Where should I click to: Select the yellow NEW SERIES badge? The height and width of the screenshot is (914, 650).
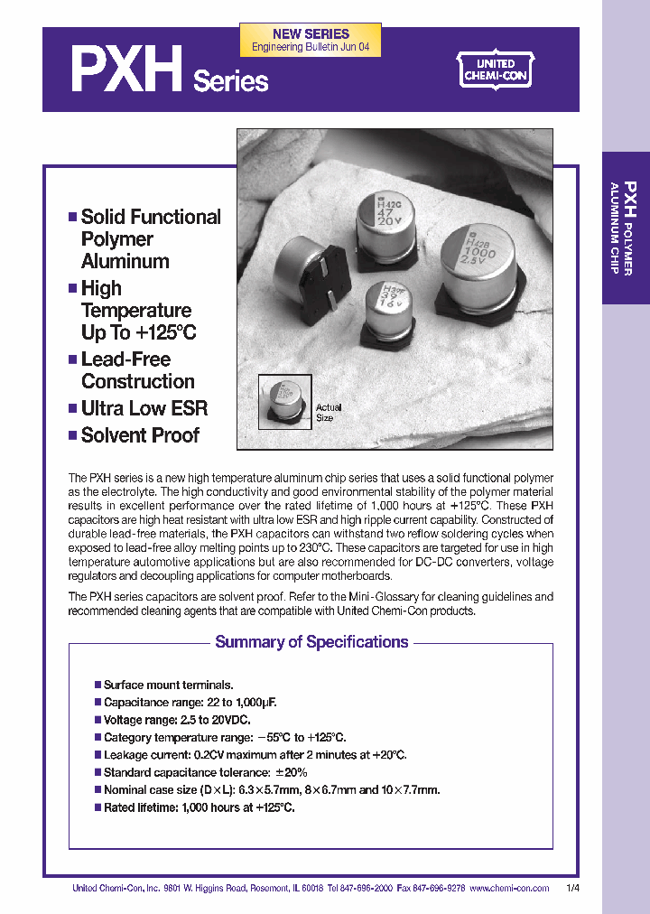(311, 40)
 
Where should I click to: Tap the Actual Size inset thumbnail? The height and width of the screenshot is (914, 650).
(285, 400)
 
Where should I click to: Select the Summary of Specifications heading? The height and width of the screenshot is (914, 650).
(311, 642)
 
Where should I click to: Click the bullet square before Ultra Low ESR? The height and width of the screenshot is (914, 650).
(72, 409)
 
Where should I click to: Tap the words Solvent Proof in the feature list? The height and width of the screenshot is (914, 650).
(140, 435)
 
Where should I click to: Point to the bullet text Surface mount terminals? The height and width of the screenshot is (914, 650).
(169, 685)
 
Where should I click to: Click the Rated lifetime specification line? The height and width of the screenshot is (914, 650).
(199, 807)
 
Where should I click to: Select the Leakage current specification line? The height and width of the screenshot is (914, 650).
(255, 755)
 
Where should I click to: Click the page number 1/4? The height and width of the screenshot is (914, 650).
(573, 889)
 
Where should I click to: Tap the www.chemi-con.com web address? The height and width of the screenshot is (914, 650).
(509, 889)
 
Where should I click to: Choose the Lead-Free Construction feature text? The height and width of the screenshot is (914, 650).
(137, 370)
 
